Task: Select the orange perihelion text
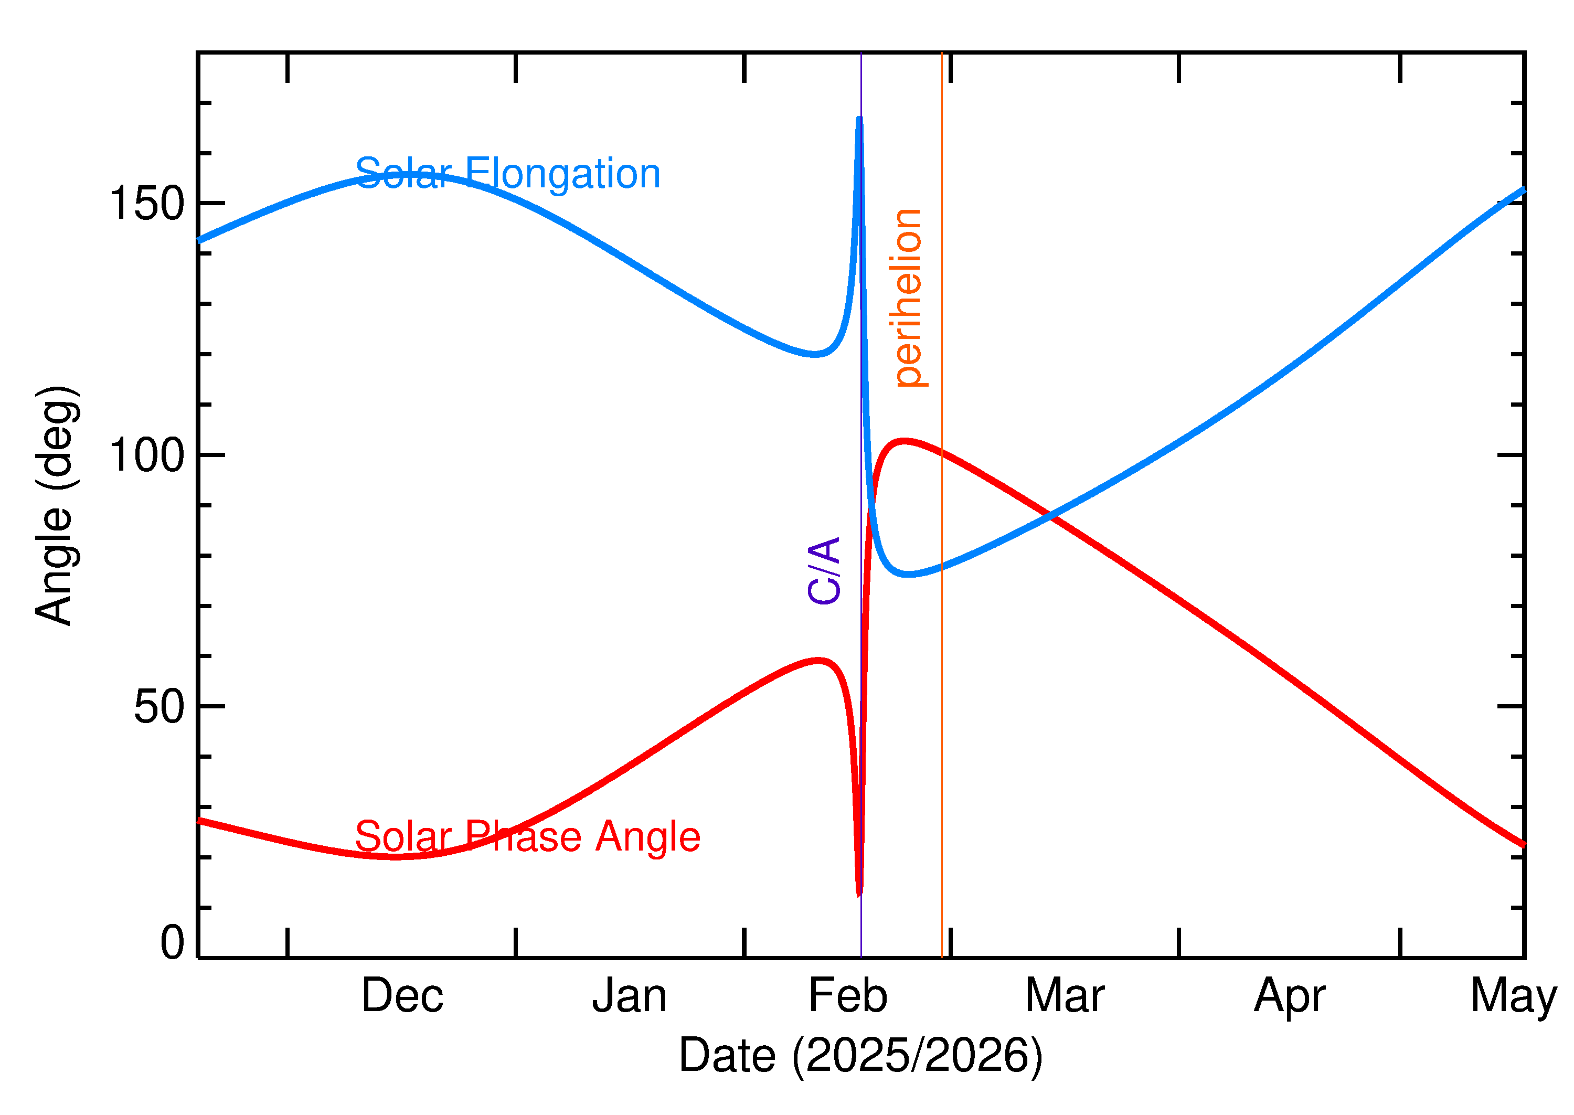pyautogui.click(x=908, y=298)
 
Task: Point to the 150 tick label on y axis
pyautogui.click(x=147, y=204)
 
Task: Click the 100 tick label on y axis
pyautogui.click(x=147, y=455)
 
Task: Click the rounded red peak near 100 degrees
pyautogui.click(x=905, y=441)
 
